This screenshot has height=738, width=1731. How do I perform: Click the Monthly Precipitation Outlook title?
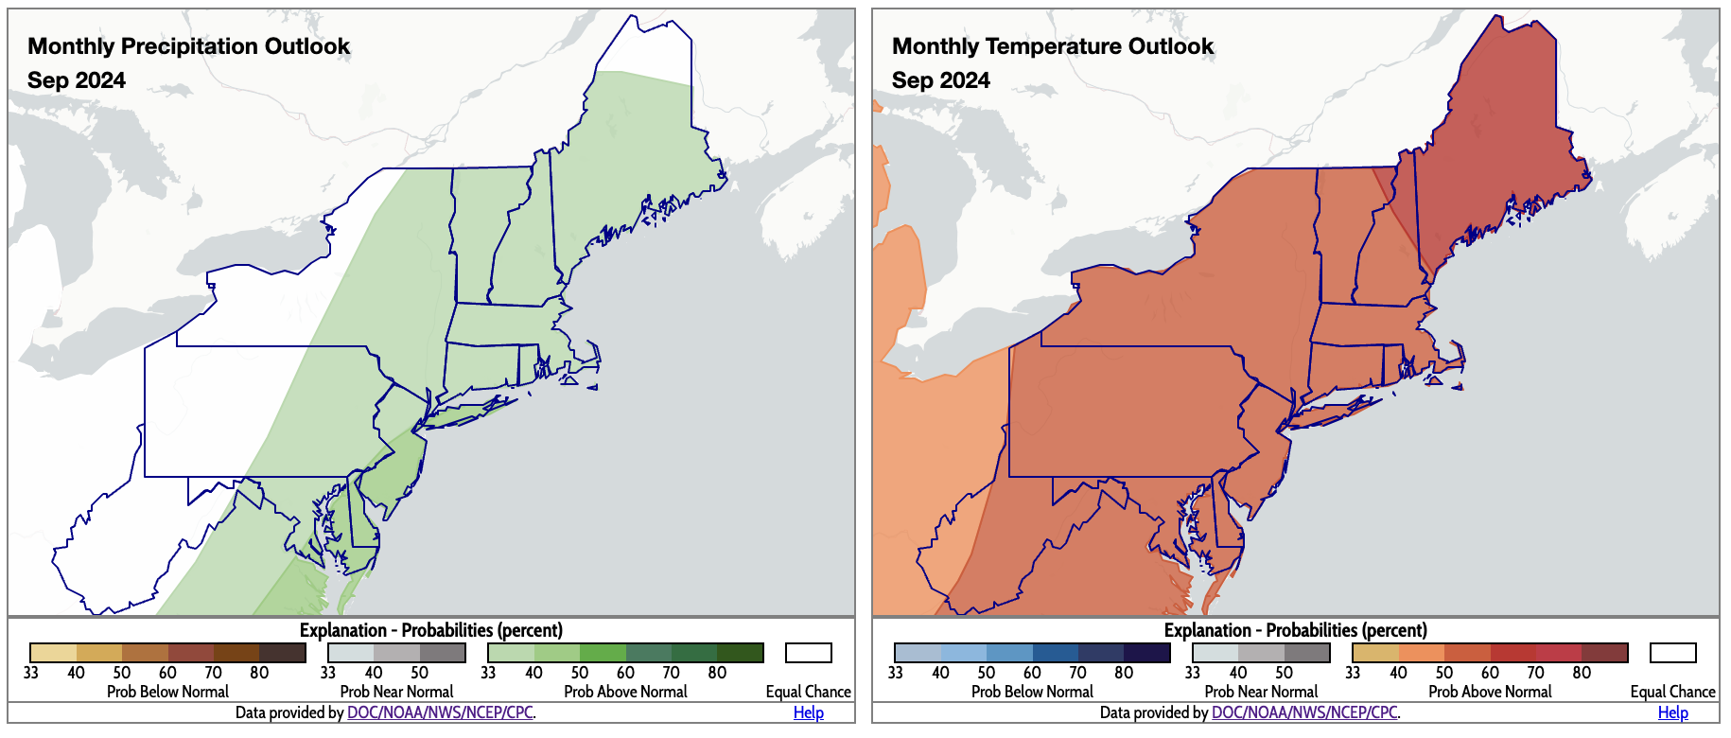[x=188, y=46]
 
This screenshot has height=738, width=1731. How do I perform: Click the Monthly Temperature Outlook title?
[x=1052, y=46]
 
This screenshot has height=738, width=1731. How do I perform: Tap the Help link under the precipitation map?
[x=808, y=712]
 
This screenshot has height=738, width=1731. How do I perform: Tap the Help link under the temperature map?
[x=1672, y=712]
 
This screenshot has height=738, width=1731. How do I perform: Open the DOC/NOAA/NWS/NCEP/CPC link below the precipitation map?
[x=440, y=712]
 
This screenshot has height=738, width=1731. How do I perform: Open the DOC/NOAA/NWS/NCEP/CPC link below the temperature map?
[x=1304, y=712]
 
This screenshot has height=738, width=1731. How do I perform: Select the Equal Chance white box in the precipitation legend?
[x=808, y=653]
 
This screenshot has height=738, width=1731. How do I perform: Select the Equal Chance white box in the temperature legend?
[x=1672, y=653]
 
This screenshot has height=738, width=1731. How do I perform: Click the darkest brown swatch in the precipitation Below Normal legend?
[x=283, y=653]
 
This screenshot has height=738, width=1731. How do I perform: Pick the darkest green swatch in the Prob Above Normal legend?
[x=740, y=653]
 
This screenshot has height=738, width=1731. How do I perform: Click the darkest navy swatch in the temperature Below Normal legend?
[x=1147, y=653]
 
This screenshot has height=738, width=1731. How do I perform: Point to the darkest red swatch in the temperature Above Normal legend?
[x=1604, y=653]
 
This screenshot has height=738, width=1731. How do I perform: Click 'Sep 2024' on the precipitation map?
[x=77, y=80]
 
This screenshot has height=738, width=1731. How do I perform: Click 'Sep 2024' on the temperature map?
[x=940, y=80]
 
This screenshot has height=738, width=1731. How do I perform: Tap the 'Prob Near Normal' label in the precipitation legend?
[x=396, y=692]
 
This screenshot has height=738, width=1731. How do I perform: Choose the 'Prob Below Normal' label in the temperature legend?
[x=1032, y=692]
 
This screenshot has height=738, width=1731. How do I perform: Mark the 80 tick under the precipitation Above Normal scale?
[x=717, y=673]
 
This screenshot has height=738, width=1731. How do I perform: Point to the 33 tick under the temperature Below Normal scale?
[x=895, y=673]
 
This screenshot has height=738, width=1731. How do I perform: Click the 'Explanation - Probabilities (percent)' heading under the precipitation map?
[x=430, y=630]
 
